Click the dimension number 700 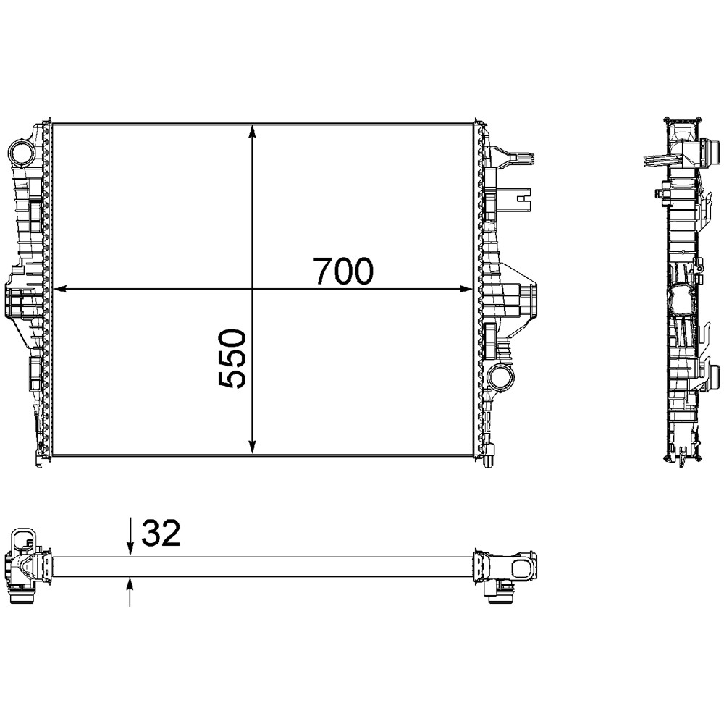pos(343,271)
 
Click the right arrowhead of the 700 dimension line pos(465,289)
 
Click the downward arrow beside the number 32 pos(130,547)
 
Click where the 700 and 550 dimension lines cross pos(252,289)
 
